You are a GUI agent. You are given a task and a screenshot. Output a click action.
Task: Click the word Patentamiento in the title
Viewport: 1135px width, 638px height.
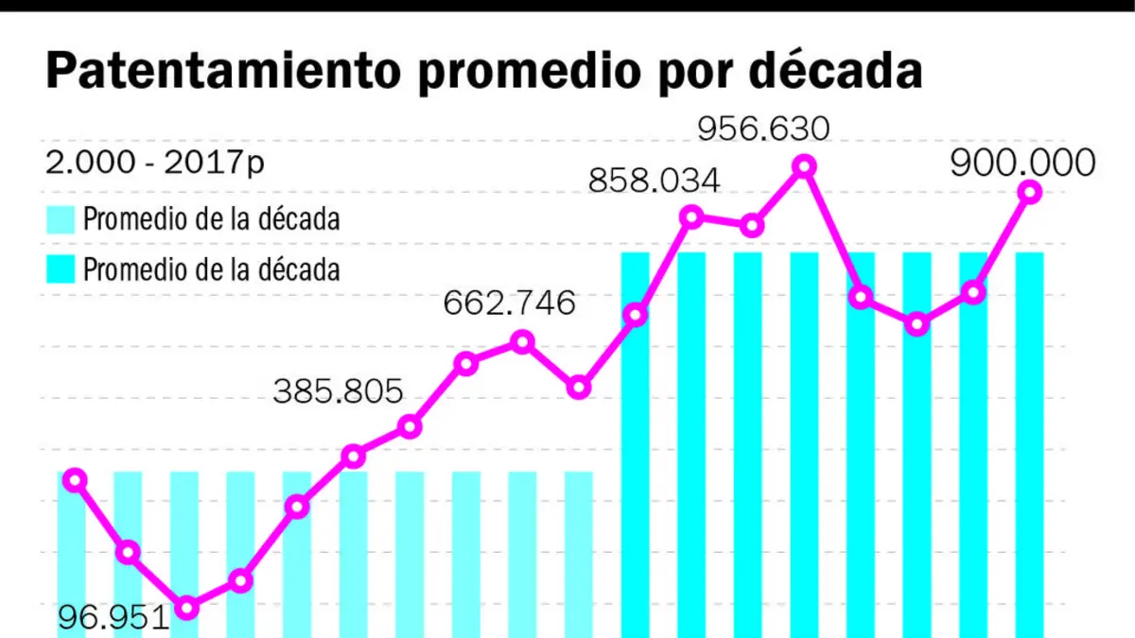click(x=223, y=71)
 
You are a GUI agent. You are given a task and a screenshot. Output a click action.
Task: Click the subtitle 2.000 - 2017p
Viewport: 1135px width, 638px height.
click(x=154, y=163)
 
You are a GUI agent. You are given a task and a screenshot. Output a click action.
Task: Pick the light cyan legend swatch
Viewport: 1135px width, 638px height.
click(x=61, y=219)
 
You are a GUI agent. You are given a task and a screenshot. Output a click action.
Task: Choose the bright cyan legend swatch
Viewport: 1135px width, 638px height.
click(x=61, y=268)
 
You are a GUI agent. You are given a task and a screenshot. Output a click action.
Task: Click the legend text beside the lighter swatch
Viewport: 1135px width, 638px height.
click(x=211, y=219)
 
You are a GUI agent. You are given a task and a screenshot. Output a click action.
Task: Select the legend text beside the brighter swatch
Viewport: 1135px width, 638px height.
click(x=211, y=269)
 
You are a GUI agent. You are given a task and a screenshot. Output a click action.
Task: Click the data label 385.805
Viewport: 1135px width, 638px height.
click(x=338, y=391)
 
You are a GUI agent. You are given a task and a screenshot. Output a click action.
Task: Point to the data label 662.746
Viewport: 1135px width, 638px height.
click(x=509, y=302)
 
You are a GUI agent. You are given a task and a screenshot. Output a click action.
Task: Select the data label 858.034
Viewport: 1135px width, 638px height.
click(x=654, y=181)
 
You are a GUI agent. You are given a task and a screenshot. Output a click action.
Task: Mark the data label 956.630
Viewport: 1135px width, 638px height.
click(x=763, y=129)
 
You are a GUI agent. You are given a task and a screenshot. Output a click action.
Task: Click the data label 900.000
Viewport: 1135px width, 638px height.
click(x=1022, y=163)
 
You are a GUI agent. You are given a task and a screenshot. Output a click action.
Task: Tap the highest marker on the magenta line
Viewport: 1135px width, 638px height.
click(x=804, y=166)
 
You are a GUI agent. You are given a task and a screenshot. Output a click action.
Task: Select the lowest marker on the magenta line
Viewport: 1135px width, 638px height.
click(x=187, y=607)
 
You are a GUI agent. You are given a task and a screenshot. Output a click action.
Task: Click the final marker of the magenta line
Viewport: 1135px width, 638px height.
click(x=1030, y=193)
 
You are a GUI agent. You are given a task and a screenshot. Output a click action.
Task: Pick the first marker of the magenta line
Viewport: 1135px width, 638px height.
click(x=75, y=480)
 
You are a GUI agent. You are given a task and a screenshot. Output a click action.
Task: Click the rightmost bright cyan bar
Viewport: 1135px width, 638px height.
click(x=1030, y=445)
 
